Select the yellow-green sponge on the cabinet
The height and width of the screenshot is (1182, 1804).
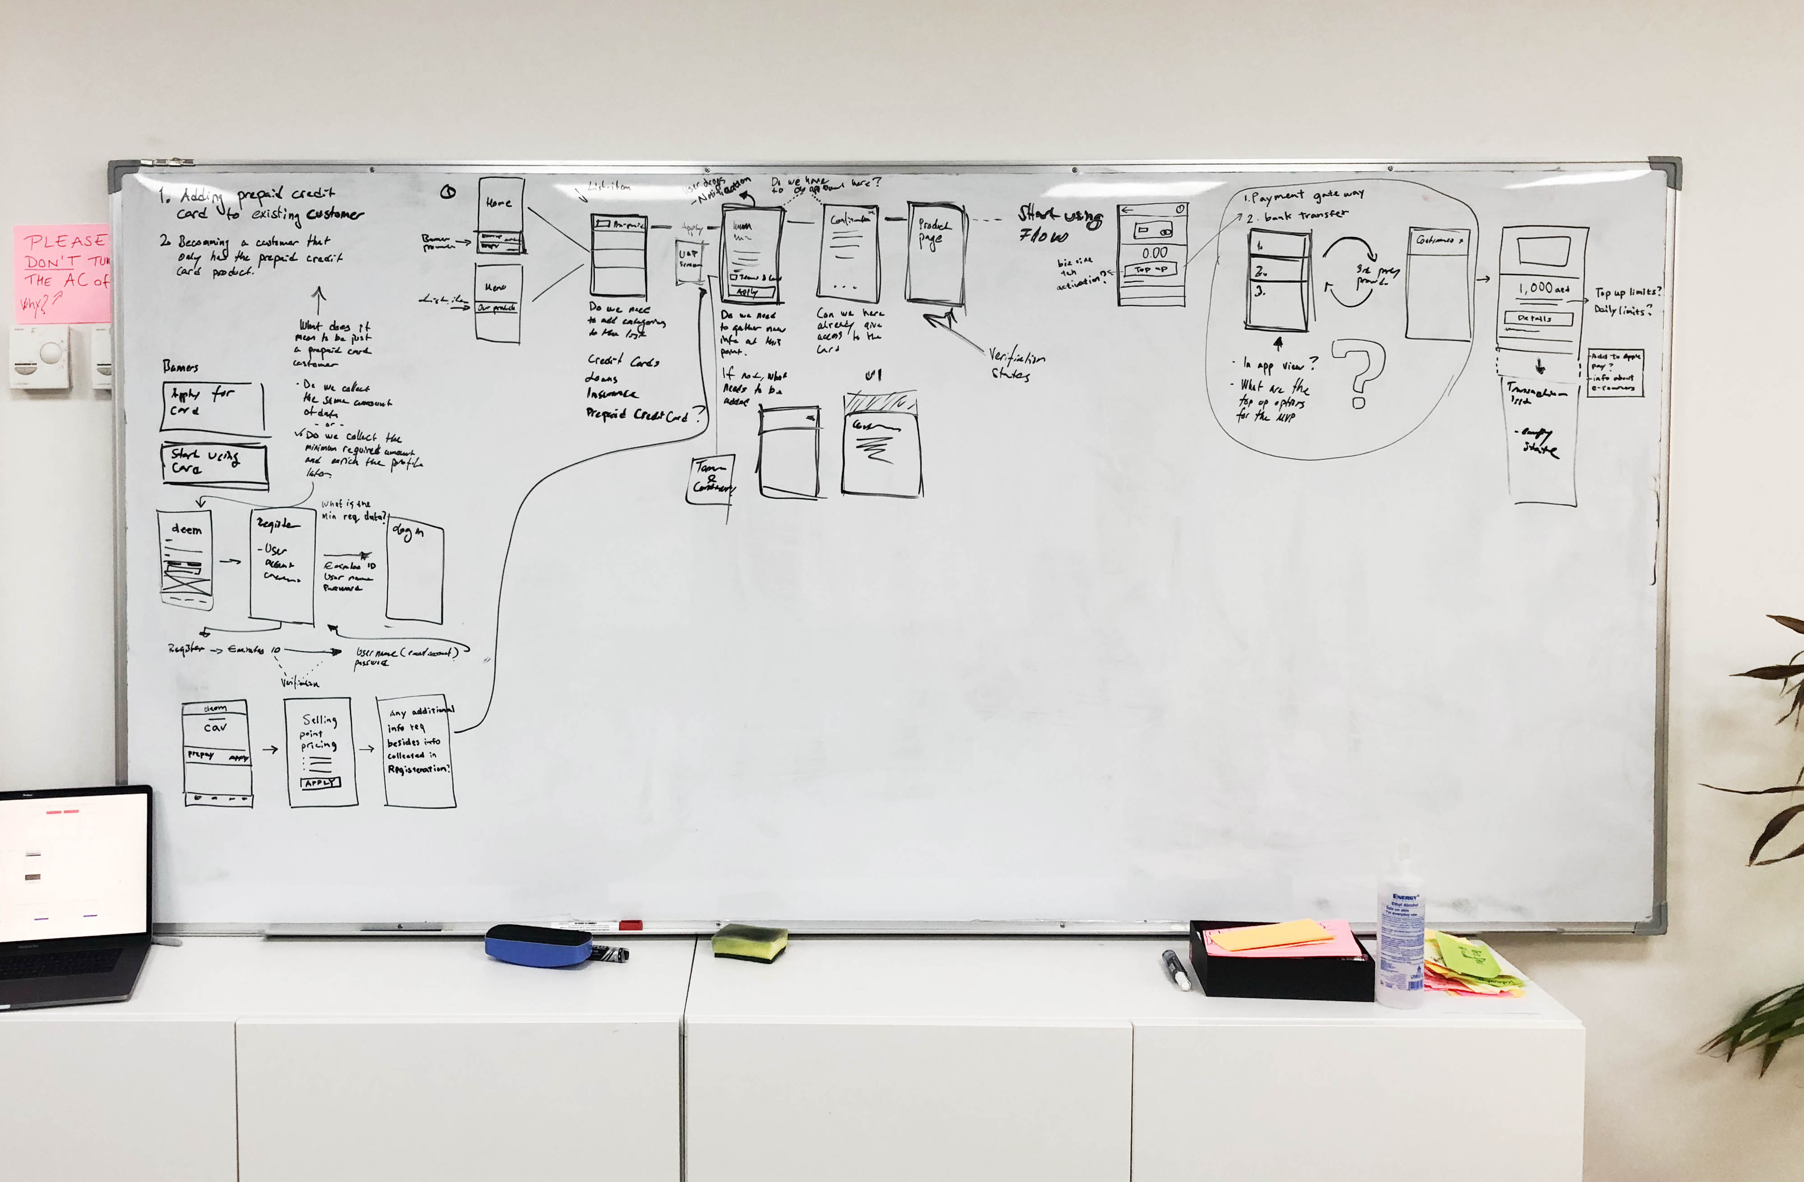coord(749,942)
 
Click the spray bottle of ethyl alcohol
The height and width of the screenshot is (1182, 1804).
coord(1401,944)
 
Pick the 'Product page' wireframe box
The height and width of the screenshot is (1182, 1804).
coord(936,254)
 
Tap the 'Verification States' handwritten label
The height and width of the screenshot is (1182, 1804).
coord(1016,364)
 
